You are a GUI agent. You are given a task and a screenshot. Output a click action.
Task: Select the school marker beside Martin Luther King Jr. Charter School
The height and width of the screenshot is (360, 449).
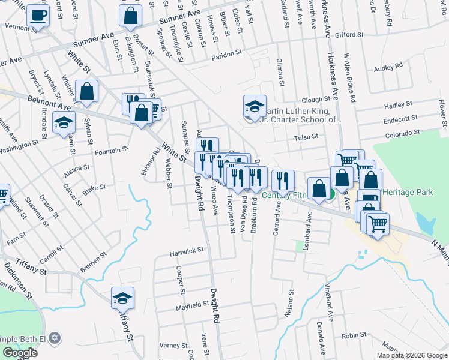pyautogui.click(x=255, y=107)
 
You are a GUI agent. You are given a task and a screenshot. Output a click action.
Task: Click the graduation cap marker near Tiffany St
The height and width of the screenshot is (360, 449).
pyautogui.click(x=122, y=298)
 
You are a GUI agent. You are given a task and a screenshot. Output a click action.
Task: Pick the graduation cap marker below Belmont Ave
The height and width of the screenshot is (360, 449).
pyautogui.click(x=63, y=124)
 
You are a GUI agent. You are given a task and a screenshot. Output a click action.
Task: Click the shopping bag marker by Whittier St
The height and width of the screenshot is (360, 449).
pyautogui.click(x=87, y=92)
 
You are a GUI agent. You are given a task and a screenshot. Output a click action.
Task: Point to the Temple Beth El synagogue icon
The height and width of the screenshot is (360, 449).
pyautogui.click(x=55, y=338)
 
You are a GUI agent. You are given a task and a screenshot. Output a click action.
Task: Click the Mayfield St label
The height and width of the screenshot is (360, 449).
pyautogui.click(x=192, y=305)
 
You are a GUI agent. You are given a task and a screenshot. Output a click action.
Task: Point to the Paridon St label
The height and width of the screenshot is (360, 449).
pyautogui.click(x=226, y=55)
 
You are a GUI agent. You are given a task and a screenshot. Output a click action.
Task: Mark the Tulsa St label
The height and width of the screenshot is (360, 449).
pyautogui.click(x=305, y=137)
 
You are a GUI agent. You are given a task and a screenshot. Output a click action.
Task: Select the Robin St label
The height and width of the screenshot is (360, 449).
pyautogui.click(x=354, y=335)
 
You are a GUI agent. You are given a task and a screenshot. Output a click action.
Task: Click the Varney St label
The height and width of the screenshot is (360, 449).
pyautogui.click(x=174, y=346)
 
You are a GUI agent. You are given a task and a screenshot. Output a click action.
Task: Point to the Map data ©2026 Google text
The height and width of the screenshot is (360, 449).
pyautogui.click(x=411, y=355)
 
